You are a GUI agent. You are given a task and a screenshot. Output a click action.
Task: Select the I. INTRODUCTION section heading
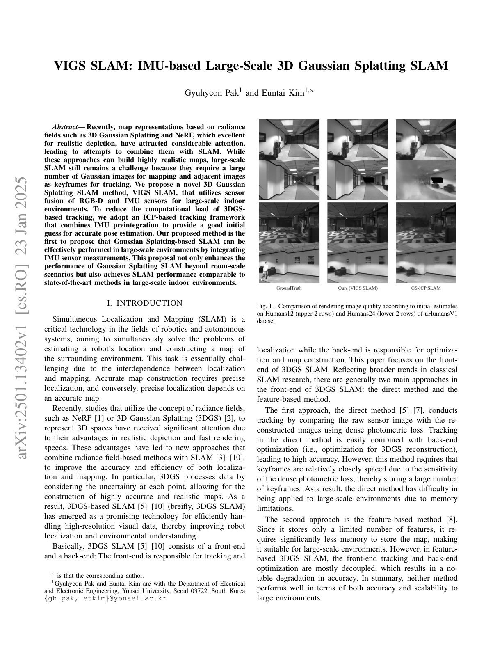(144, 303)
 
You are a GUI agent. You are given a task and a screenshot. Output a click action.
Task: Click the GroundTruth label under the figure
(289, 288)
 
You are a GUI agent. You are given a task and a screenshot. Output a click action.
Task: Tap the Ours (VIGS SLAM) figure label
(358, 288)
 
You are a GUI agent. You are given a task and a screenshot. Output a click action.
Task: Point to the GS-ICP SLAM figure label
(426, 288)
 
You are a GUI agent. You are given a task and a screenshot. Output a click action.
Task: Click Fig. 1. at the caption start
(265, 306)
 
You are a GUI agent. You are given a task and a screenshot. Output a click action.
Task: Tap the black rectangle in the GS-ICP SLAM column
(438, 179)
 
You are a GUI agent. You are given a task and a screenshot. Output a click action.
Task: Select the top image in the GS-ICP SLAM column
(426, 140)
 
